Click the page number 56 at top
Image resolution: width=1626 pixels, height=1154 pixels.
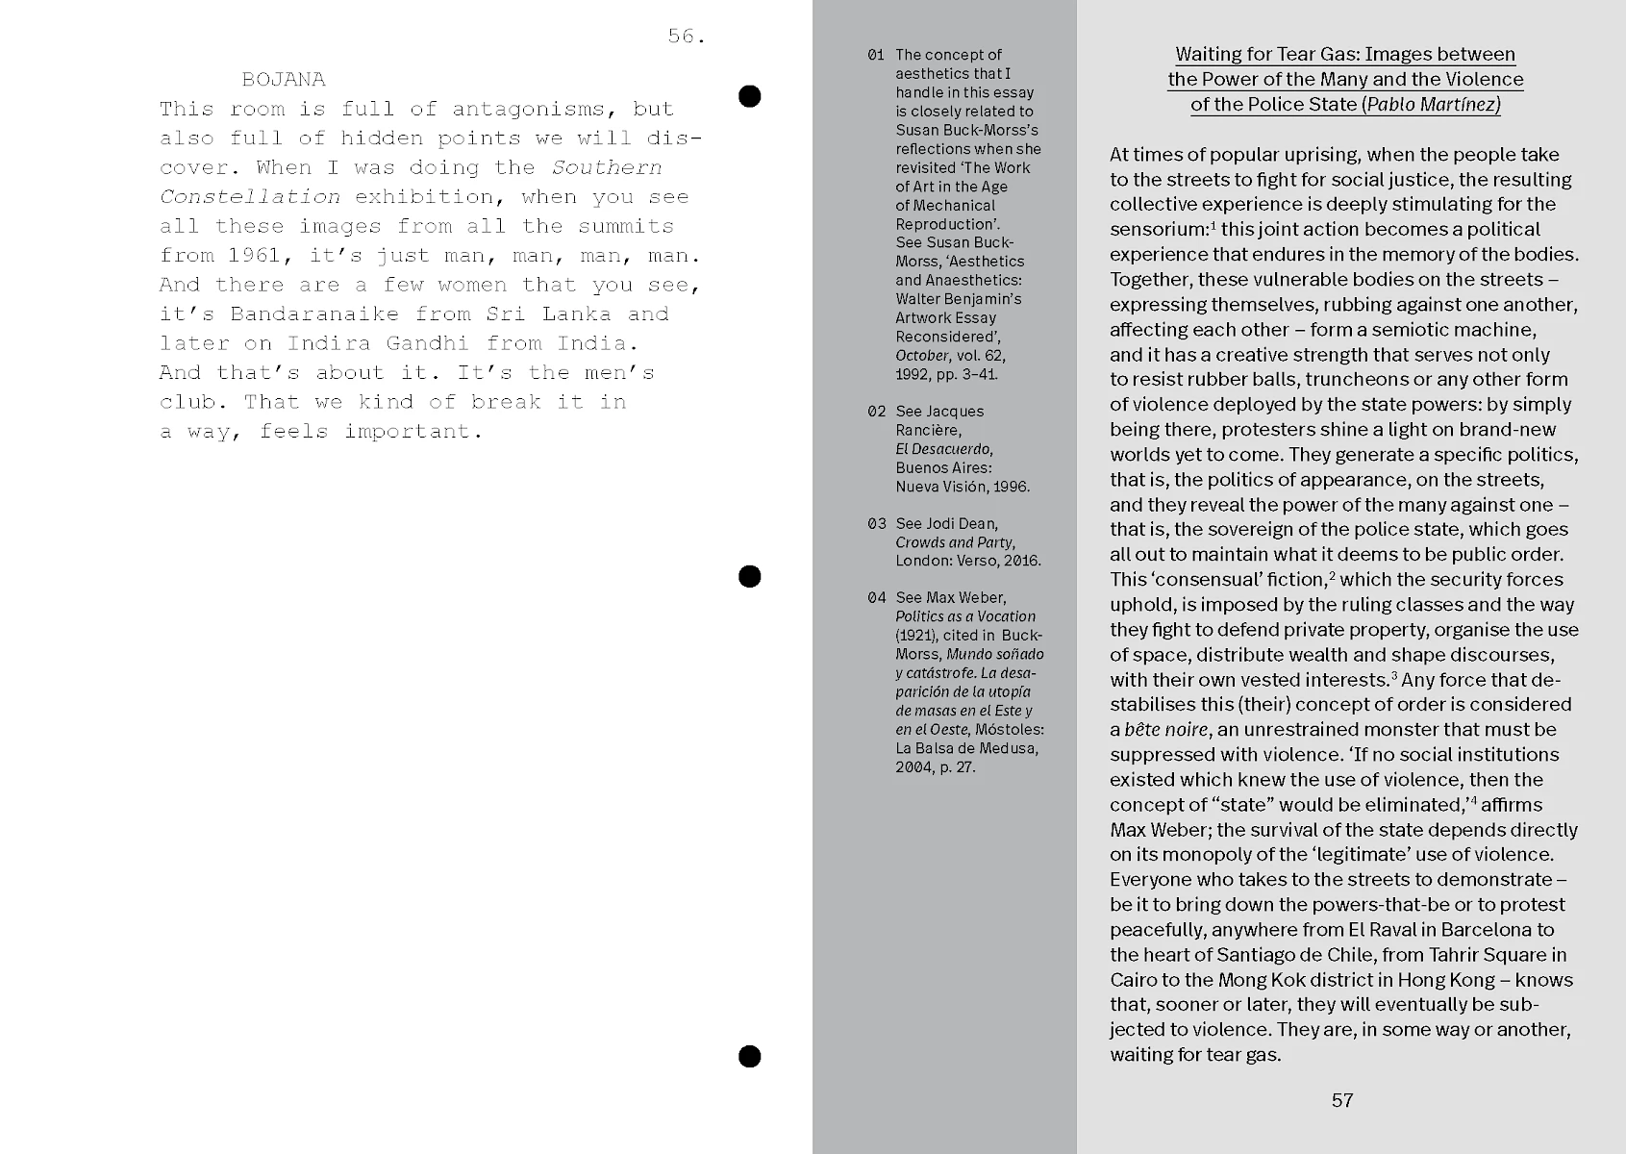(686, 37)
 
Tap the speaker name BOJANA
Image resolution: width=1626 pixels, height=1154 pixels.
(284, 79)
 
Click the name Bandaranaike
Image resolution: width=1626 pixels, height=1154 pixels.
(314, 314)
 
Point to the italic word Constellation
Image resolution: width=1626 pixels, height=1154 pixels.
(250, 197)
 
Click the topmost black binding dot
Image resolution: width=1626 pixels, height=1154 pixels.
(749, 96)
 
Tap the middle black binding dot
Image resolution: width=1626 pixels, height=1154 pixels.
(749, 576)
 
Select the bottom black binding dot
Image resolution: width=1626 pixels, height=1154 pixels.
(749, 1056)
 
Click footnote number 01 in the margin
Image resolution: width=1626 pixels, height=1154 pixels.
(875, 55)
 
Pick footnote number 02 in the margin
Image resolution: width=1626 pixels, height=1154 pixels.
(875, 412)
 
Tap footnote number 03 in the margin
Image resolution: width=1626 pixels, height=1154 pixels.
(875, 524)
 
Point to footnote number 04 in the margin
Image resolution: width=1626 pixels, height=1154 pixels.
(875, 598)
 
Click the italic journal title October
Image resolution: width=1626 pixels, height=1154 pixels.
(922, 356)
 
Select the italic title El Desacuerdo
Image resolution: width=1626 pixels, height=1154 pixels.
(943, 449)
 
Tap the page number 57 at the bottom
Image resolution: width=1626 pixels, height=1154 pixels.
(1342, 1100)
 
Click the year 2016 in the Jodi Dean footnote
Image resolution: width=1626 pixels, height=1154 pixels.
(1022, 561)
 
